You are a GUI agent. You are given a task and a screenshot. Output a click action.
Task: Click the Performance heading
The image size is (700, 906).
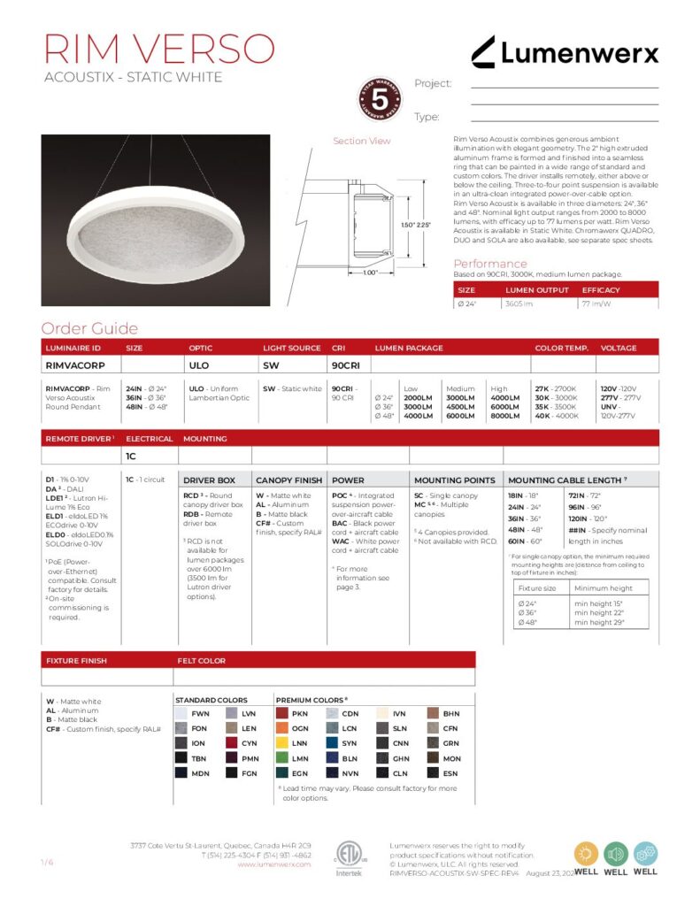point(489,264)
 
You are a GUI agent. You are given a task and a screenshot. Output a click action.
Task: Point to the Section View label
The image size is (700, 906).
point(361,141)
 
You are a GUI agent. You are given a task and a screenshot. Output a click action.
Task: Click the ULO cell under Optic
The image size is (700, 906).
point(199,365)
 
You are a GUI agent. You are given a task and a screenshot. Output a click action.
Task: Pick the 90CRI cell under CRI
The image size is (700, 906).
point(345,365)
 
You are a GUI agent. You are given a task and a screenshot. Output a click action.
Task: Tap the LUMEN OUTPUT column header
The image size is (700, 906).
point(537,290)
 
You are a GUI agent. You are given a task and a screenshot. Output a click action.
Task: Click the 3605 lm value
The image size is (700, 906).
point(519,303)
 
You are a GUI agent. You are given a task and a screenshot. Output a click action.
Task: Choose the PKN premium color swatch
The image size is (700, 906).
point(283,713)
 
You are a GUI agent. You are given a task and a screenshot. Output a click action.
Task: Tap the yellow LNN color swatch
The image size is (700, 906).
point(283,743)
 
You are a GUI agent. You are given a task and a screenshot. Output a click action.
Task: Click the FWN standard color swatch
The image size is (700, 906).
point(181,713)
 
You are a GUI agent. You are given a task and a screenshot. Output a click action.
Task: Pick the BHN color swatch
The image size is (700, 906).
point(434,713)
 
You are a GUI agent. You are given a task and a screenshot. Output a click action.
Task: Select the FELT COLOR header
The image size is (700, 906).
point(202,660)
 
